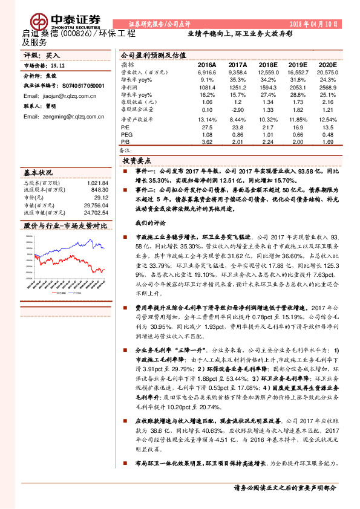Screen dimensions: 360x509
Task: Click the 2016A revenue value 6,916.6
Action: tap(206, 72)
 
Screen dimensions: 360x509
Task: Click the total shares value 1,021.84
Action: tap(97, 183)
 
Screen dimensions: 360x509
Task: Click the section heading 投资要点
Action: tap(137, 161)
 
